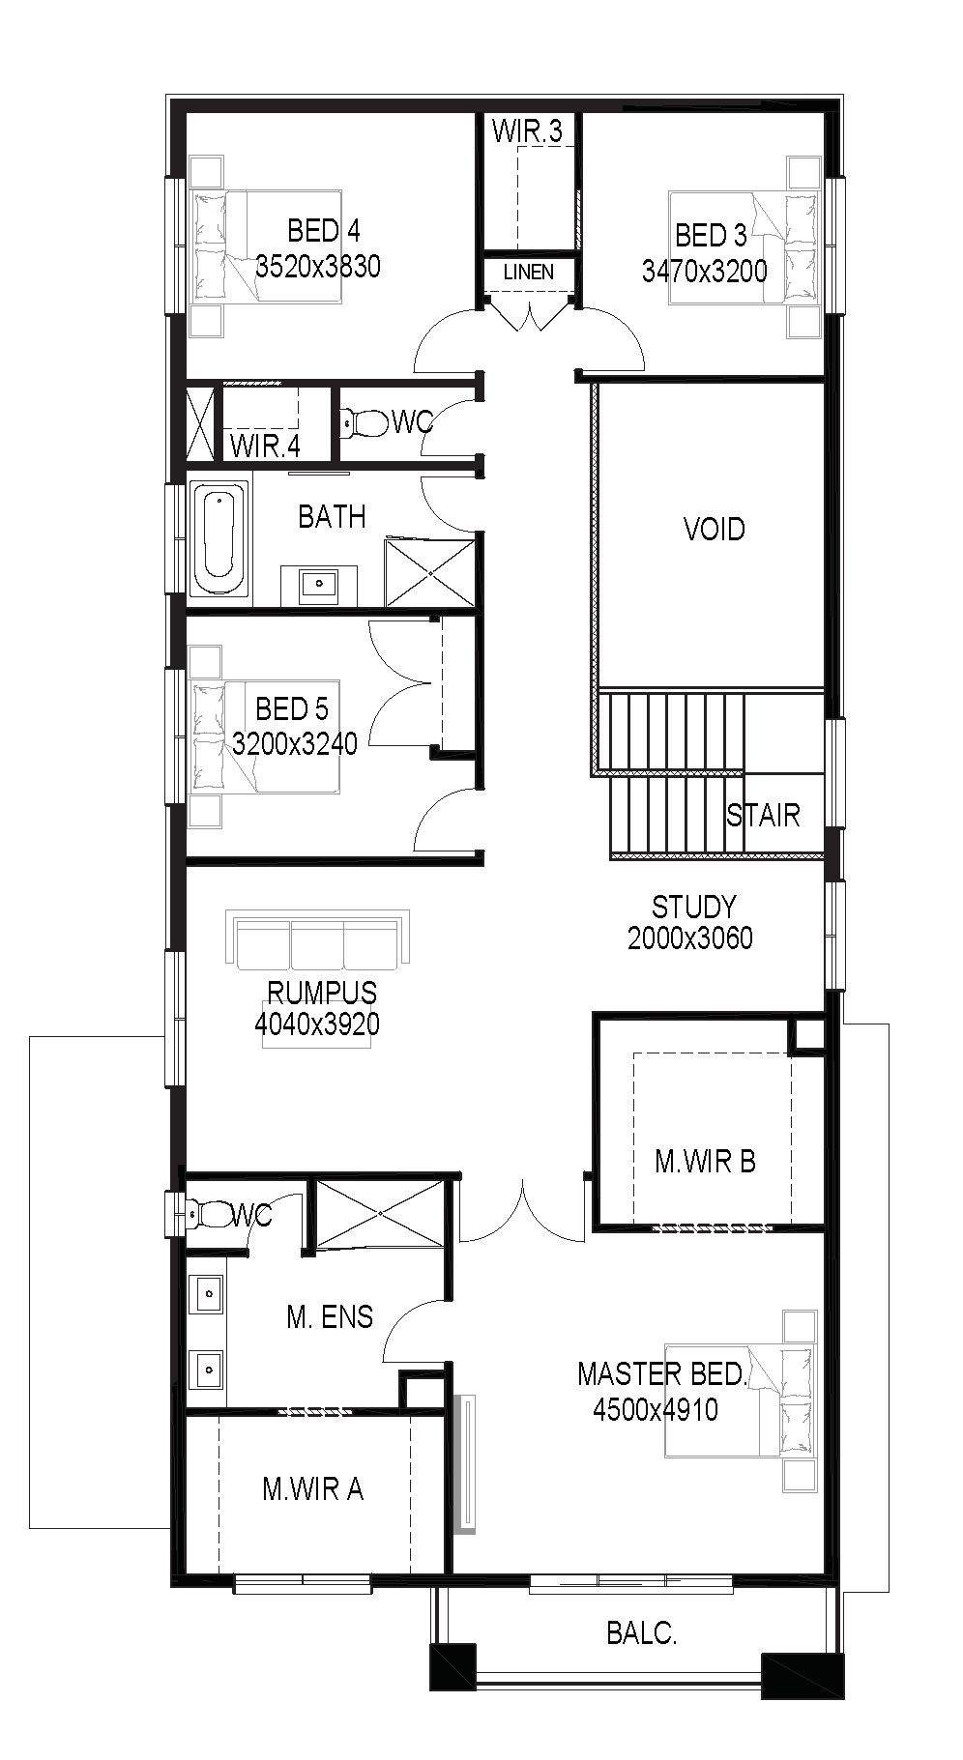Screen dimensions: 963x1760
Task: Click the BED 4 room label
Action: point(323,231)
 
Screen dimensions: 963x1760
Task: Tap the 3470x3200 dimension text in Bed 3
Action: point(705,271)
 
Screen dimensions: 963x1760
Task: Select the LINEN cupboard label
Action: point(529,273)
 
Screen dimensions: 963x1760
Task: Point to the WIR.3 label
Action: point(527,130)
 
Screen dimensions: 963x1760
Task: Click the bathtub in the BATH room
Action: point(220,539)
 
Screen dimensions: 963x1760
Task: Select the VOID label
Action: point(715,530)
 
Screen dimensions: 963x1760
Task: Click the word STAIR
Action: point(764,816)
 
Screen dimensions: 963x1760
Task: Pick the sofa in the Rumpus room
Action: point(317,939)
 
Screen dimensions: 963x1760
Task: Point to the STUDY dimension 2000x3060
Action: point(690,938)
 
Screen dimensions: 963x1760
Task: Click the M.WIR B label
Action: point(705,1162)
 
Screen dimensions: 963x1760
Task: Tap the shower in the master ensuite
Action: point(380,1213)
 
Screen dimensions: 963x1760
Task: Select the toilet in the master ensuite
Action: point(209,1213)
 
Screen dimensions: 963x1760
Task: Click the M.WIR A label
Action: point(313,1489)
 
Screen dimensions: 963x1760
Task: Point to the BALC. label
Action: point(642,1633)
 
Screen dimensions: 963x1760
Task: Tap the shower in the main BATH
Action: point(430,573)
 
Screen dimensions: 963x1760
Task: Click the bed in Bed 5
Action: point(266,736)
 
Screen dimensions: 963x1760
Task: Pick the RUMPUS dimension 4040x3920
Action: point(317,1024)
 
